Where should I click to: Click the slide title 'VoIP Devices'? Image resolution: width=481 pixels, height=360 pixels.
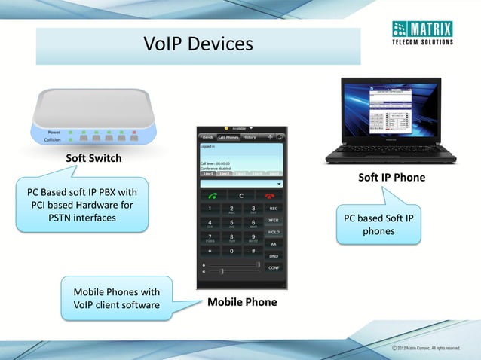198,45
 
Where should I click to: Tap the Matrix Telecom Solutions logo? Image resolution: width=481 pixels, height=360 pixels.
421,34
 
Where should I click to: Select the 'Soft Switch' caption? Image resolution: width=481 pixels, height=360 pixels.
93,159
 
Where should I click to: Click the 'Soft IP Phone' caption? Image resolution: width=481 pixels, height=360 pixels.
391,178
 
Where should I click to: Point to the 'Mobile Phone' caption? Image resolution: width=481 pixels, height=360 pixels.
242,302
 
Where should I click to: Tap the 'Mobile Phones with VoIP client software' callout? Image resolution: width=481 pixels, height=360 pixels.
116,298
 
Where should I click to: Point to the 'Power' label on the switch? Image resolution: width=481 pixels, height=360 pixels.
55,132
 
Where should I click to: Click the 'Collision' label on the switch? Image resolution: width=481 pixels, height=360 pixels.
53,139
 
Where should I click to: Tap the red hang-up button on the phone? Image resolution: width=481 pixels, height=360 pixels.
268,196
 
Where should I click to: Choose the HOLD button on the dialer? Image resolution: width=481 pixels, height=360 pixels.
274,233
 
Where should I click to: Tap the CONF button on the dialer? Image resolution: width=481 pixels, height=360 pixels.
274,267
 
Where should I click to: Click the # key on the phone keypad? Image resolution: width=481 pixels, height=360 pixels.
254,251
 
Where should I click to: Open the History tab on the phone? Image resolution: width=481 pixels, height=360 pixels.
249,137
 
